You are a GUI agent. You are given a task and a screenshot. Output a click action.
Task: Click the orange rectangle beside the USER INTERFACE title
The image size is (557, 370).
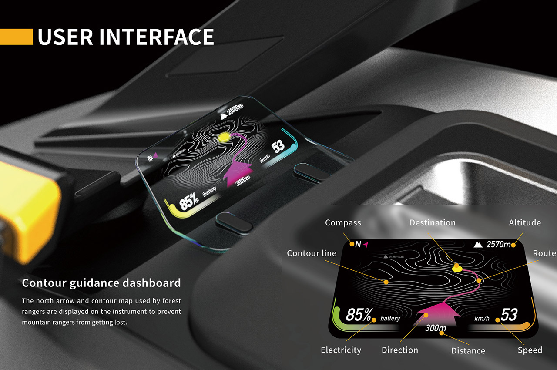[x=16, y=37]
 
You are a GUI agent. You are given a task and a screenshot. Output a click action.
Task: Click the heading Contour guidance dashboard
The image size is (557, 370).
[x=101, y=283]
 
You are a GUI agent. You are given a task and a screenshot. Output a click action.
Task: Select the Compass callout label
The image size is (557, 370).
[x=343, y=222]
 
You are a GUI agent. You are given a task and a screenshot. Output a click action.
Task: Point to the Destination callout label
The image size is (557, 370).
[x=432, y=222]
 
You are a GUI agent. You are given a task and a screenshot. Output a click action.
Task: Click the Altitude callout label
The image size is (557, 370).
[x=525, y=222]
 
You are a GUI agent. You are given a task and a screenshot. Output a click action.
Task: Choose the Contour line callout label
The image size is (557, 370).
[x=312, y=253]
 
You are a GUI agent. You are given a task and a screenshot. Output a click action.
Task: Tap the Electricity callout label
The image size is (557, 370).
[x=341, y=350]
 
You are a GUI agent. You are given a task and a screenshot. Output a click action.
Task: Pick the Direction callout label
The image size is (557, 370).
[x=399, y=350]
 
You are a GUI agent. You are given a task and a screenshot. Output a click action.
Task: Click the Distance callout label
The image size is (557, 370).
[x=468, y=350]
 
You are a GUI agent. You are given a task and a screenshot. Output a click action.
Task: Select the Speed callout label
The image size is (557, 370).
[x=530, y=350]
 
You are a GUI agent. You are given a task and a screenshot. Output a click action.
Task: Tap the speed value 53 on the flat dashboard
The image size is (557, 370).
[x=509, y=314]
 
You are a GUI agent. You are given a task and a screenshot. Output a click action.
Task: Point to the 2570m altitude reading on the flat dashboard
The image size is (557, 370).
[x=498, y=245]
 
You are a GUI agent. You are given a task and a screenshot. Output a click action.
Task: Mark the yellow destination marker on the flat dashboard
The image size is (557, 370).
[x=457, y=268]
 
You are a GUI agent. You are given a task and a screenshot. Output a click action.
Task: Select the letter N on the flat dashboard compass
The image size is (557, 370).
[x=358, y=245]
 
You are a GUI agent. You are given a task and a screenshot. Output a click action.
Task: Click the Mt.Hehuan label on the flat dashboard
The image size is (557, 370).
[x=394, y=257]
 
